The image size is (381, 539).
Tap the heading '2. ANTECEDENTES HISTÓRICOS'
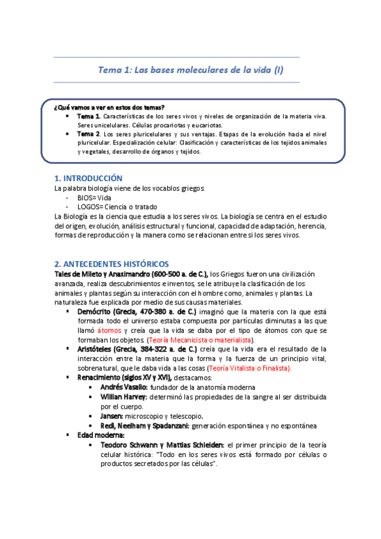pyautogui.click(x=112, y=263)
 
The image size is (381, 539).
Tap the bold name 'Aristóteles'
pyautogui.click(x=97, y=349)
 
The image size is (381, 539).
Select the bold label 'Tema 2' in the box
pyautogui.click(x=88, y=135)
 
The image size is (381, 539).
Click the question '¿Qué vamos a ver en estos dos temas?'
pyautogui.click(x=109, y=107)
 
